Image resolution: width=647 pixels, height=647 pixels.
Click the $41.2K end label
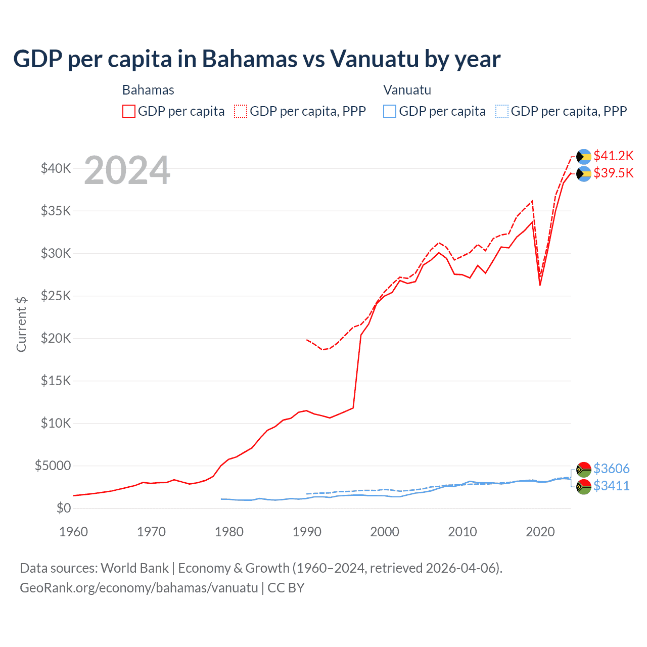[x=613, y=156]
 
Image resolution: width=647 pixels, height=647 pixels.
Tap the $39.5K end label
[x=613, y=173]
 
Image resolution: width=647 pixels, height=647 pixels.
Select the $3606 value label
[x=611, y=469]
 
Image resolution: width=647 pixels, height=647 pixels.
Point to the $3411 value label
[x=611, y=486]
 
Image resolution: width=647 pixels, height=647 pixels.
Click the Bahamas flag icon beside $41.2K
[x=584, y=157]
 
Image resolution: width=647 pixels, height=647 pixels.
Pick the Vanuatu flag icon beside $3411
[x=584, y=487]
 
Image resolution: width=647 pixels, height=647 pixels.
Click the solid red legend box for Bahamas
[x=129, y=111]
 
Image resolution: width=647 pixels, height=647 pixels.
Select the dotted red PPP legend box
[x=241, y=111]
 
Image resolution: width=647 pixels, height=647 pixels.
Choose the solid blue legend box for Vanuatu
[x=390, y=111]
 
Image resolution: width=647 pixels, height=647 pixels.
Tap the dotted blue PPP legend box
[x=502, y=111]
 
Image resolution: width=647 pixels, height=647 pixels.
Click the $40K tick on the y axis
[x=56, y=169]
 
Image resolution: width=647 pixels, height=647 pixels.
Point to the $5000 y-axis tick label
[x=53, y=466]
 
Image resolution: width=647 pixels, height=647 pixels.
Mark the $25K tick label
[x=56, y=296]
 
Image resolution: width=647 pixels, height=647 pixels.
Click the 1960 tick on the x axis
[x=74, y=532]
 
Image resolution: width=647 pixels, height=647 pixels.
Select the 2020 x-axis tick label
[x=540, y=532]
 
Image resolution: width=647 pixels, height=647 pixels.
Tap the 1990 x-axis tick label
[x=307, y=532]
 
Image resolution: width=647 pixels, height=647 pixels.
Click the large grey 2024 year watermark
[x=127, y=171]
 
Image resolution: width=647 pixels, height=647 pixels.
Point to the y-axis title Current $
[x=21, y=325]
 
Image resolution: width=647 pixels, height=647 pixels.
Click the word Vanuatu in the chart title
[x=375, y=59]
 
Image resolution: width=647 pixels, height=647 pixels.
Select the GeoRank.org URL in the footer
[x=139, y=588]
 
